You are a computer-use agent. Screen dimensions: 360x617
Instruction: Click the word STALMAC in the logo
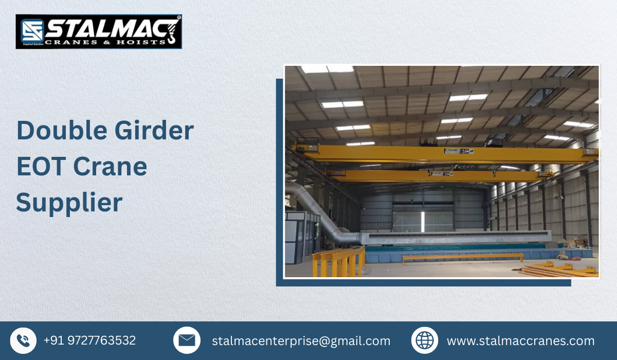coord(105,27)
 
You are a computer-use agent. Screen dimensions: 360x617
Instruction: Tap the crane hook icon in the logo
coord(171,31)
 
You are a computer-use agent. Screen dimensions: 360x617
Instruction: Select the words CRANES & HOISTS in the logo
coord(105,41)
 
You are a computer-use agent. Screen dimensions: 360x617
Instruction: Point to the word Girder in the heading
coord(151,131)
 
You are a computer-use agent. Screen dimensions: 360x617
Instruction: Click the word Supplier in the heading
coord(69,203)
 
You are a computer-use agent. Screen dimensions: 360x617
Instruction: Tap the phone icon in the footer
coord(23,340)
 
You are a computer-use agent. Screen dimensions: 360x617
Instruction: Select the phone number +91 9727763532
coord(89,340)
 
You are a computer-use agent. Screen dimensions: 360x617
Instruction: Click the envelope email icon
coord(187,340)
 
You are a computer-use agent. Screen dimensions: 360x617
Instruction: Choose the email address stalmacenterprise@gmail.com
coord(301,341)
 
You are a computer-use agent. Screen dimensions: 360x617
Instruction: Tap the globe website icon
coord(425,340)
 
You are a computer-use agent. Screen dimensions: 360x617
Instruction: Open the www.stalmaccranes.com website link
coord(520,341)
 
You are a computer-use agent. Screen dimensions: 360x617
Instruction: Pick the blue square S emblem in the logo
coord(32,31)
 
